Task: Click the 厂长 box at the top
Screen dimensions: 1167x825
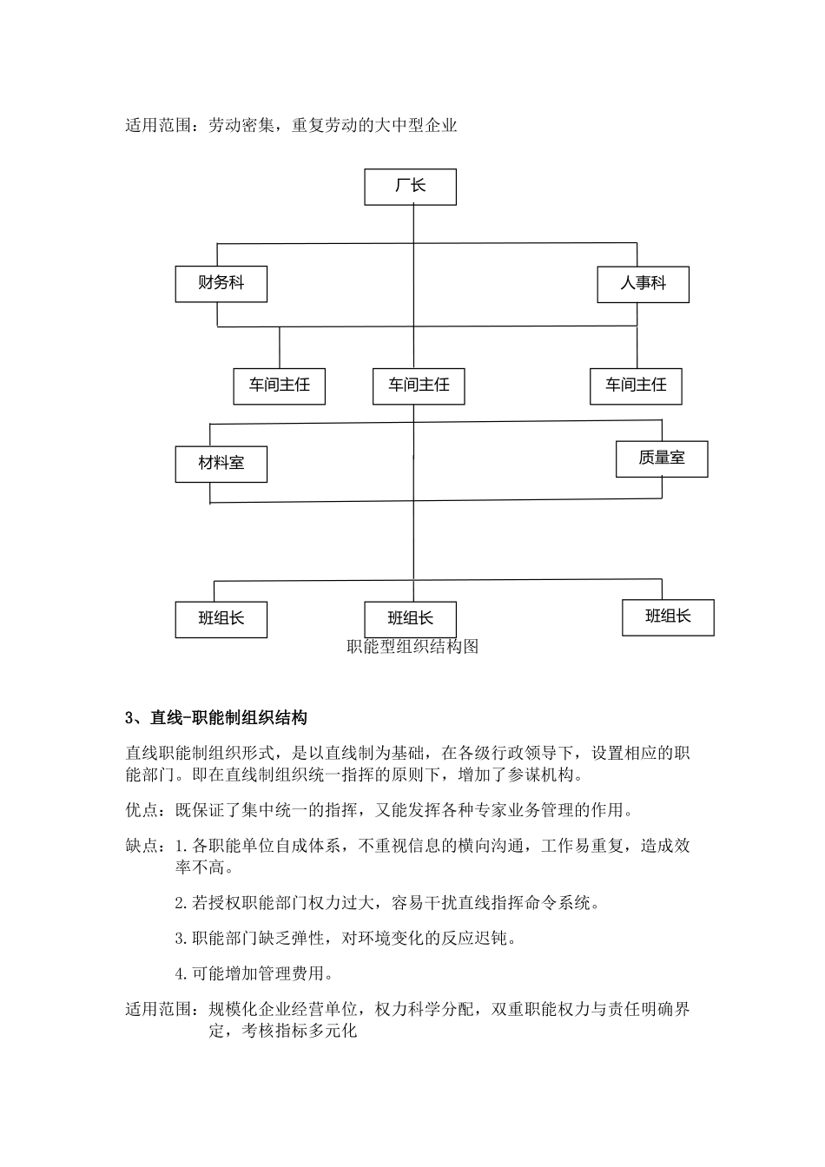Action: pos(410,187)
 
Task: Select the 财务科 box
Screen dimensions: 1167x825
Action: pos(221,284)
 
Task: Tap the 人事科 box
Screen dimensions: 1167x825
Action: pos(643,284)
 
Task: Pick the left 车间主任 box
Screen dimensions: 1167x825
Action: pos(279,386)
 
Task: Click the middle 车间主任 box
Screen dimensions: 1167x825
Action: pos(419,386)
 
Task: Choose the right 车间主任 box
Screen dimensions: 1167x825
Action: pos(636,386)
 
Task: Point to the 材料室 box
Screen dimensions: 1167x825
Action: pos(221,464)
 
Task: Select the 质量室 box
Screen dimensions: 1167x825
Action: pos(662,458)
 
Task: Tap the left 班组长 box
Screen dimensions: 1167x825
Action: pos(221,619)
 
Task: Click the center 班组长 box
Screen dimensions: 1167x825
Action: pos(410,619)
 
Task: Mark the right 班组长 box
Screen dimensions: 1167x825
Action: pos(668,616)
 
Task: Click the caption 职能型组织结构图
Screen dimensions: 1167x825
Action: pos(412,647)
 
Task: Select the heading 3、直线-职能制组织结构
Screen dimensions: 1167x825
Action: pos(216,718)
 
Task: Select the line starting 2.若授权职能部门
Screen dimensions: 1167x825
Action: pos(387,903)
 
